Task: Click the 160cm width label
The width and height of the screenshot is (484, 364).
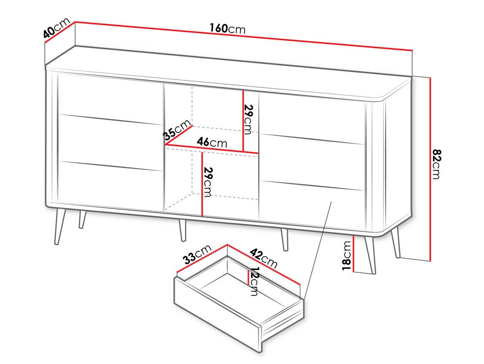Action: tap(227, 29)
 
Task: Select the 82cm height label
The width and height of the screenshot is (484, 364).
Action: tap(436, 164)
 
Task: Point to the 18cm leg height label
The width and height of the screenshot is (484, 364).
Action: tap(346, 256)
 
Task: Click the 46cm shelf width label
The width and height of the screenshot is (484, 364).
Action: tap(212, 142)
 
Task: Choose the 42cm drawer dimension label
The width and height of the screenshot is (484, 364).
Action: tap(263, 258)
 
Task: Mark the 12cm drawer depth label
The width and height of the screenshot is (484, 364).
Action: tap(254, 282)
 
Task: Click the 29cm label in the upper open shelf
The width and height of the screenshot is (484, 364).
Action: tap(248, 120)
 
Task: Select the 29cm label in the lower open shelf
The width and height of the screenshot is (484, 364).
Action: tap(208, 182)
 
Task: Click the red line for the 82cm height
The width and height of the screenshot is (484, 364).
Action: tap(430, 169)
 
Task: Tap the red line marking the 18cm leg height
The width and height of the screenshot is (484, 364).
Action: tap(354, 254)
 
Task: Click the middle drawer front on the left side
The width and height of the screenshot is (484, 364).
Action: tap(110, 143)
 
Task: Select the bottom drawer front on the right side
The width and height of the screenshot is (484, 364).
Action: tap(312, 203)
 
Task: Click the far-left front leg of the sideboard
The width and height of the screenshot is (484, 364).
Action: tap(59, 226)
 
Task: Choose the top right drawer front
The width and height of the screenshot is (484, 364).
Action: tap(312, 118)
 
